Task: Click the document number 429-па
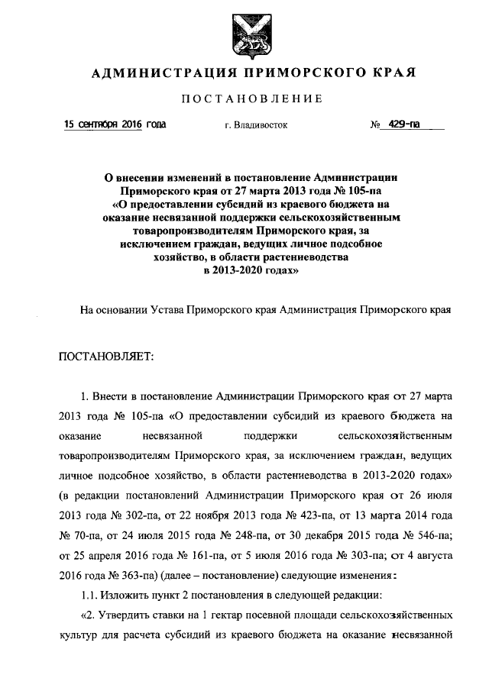click(x=403, y=124)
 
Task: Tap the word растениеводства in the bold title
click(x=296, y=258)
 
